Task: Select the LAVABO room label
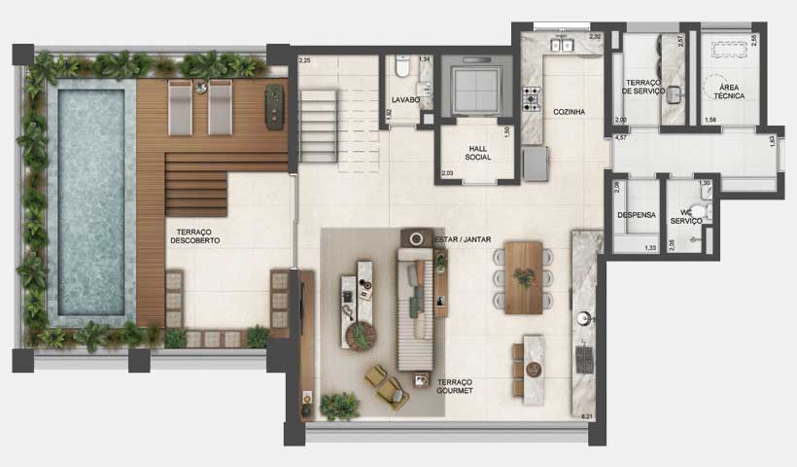[405, 99]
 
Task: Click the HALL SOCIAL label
[477, 150]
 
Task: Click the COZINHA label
[569, 112]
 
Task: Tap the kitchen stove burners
[533, 98]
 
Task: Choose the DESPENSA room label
[637, 215]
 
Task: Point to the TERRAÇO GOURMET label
[455, 385]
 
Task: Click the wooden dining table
[524, 276]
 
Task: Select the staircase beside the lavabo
[318, 125]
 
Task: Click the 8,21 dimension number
[586, 416]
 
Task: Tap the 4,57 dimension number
[620, 138]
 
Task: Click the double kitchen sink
[561, 45]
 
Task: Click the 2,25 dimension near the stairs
[304, 61]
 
